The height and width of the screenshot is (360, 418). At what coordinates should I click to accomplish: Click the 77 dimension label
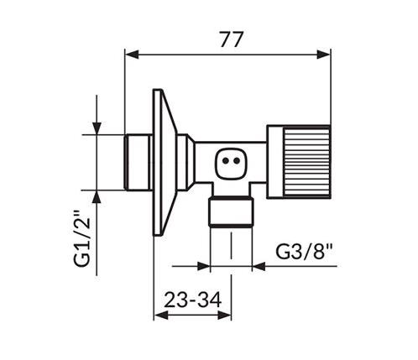click(230, 39)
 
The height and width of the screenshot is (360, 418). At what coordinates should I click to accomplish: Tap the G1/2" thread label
click(82, 237)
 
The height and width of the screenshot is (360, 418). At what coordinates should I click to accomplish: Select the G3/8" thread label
click(305, 252)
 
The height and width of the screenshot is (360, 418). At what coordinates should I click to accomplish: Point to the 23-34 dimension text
click(193, 300)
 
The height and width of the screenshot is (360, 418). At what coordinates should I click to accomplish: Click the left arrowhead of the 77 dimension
click(132, 55)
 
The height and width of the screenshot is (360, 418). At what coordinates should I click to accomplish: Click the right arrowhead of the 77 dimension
click(324, 55)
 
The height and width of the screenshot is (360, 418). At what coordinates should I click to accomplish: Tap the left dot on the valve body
click(225, 161)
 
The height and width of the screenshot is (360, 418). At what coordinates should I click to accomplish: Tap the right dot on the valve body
click(237, 161)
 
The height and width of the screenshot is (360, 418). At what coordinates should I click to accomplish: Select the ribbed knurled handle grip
click(307, 162)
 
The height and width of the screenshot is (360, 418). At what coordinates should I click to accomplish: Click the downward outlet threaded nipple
click(232, 211)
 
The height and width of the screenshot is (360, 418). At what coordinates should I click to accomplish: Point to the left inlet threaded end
click(138, 162)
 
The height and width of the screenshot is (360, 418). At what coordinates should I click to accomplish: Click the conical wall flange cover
click(165, 162)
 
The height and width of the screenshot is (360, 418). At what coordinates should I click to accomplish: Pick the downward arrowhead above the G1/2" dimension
click(97, 128)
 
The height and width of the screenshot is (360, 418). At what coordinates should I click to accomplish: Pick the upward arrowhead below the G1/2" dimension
click(97, 197)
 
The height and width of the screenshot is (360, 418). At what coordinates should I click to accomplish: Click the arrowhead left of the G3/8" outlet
click(203, 266)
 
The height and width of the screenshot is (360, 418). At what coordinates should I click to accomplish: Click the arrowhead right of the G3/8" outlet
click(259, 266)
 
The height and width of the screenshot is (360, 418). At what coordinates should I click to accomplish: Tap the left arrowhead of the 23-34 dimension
click(161, 316)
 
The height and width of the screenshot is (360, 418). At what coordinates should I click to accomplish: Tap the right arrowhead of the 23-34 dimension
click(224, 316)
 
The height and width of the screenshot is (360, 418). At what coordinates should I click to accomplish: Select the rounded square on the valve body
click(231, 164)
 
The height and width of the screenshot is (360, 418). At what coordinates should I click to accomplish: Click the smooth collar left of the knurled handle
click(275, 162)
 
